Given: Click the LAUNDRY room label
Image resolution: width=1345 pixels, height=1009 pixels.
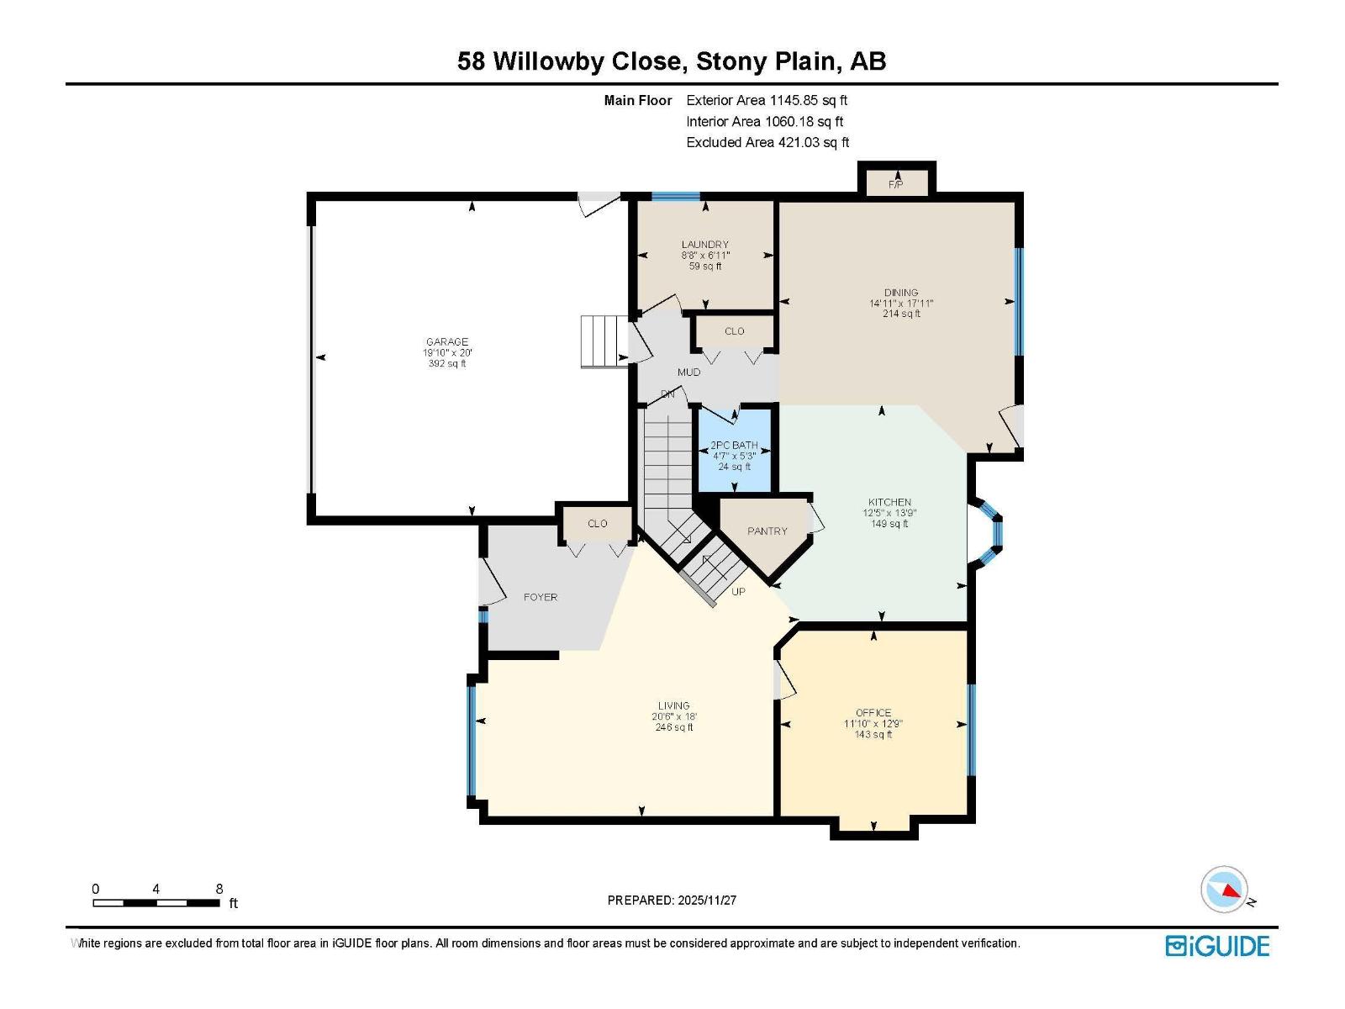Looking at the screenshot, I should point(705,245).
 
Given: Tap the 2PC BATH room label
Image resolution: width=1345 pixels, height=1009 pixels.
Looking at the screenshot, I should point(734,445).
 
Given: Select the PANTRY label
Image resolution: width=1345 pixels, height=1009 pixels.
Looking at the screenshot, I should point(767,531).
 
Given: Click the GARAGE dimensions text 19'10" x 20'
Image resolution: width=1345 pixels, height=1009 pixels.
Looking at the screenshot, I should point(447,353).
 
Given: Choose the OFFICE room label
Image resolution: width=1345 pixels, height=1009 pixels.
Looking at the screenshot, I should point(873,713).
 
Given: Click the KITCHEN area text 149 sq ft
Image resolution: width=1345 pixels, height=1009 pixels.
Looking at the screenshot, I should point(889,524).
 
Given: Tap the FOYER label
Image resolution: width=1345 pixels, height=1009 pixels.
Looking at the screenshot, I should point(541,597).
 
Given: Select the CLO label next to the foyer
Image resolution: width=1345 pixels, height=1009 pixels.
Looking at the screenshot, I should point(598,524).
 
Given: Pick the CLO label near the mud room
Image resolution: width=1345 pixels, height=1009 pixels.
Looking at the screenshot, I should point(734,331).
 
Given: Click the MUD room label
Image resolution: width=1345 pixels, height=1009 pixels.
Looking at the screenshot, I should point(688,372).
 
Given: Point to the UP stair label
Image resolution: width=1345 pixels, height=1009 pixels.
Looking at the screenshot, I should point(738,592).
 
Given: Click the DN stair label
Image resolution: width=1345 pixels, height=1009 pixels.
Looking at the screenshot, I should point(667,394).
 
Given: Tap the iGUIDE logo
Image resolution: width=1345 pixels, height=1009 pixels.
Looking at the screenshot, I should point(1217,946).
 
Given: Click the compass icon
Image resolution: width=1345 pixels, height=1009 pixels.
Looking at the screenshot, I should point(1225,890).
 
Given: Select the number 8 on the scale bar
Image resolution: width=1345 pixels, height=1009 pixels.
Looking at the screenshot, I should point(219,889).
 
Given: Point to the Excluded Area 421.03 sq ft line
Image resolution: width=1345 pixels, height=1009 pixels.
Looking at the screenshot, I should point(767,143).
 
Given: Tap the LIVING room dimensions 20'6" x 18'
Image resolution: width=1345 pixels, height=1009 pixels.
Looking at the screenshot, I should point(674,717).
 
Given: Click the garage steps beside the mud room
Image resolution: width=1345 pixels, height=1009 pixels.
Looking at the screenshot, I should point(604,341).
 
